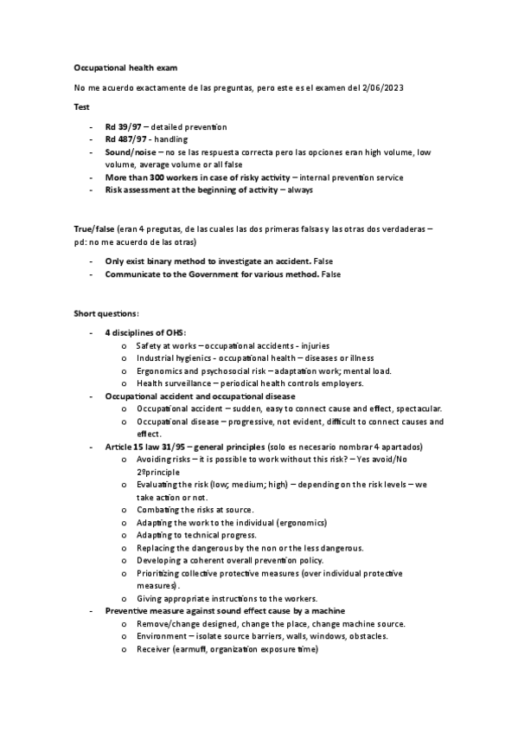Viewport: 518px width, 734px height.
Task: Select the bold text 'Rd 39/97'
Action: pos(124,127)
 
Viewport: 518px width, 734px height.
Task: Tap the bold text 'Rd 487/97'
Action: pos(126,139)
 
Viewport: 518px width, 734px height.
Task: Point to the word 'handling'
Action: pos(172,139)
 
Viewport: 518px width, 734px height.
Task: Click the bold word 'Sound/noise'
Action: pos(130,152)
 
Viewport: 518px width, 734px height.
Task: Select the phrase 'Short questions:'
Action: pos(103,313)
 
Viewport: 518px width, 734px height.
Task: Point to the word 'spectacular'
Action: pos(417,408)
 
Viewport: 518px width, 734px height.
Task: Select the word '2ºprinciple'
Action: pos(158,473)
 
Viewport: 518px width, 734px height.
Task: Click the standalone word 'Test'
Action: pos(80,106)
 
